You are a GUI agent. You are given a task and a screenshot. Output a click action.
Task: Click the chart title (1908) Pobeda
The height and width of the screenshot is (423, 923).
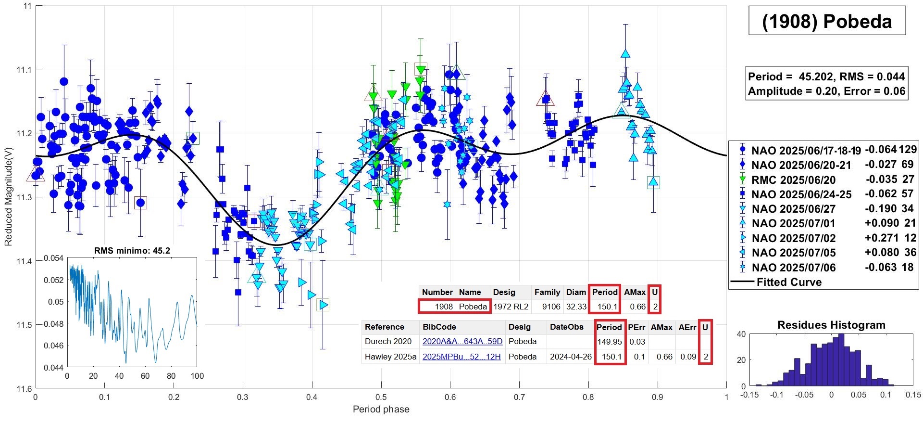pos(827,22)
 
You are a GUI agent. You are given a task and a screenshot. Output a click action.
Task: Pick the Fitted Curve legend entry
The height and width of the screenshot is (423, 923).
pos(789,282)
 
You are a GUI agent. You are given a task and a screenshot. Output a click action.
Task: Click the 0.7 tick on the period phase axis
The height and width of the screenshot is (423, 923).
pos(519,397)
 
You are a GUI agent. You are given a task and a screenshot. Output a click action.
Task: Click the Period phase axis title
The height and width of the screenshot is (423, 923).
pos(381,410)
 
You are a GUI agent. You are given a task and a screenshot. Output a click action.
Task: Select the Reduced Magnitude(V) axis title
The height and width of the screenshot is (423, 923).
pos(8,197)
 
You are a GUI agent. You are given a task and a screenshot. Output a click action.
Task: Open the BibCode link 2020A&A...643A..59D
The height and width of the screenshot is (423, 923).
pos(462,342)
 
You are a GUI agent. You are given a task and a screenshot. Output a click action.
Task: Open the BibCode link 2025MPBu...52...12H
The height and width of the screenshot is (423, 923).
pos(461,357)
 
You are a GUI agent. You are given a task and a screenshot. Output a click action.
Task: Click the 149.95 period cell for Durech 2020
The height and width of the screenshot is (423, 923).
pos(610,342)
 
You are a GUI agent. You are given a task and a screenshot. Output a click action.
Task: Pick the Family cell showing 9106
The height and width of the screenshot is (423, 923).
pos(551,307)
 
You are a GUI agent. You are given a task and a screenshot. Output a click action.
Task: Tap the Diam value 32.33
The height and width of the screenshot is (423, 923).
pos(576,307)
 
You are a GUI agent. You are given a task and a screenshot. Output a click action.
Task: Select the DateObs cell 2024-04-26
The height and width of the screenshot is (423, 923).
pos(571,357)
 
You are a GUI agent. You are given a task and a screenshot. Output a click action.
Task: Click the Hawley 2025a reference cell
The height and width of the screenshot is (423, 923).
pos(390,357)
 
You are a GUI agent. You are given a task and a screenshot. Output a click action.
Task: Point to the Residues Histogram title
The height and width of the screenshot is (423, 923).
pos(831,325)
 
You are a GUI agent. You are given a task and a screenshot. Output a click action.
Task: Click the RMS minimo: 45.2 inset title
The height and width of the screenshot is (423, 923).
pos(132,251)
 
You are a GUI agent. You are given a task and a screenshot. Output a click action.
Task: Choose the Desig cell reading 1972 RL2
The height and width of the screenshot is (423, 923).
pos(511,307)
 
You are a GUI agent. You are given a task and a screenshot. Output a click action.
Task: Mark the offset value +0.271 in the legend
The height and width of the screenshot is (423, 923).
pos(882,238)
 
